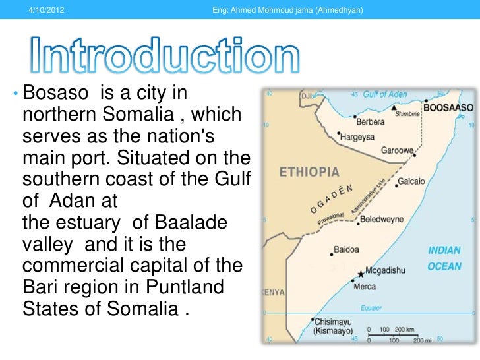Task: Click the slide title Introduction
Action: click(164, 59)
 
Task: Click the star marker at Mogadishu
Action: click(361, 273)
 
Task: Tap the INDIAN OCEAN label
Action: click(444, 258)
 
